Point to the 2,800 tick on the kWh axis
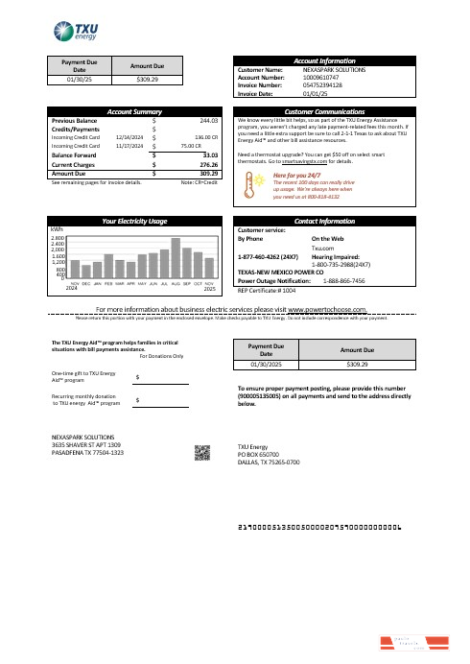pos(58,236)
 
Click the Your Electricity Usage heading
pos(133,222)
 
